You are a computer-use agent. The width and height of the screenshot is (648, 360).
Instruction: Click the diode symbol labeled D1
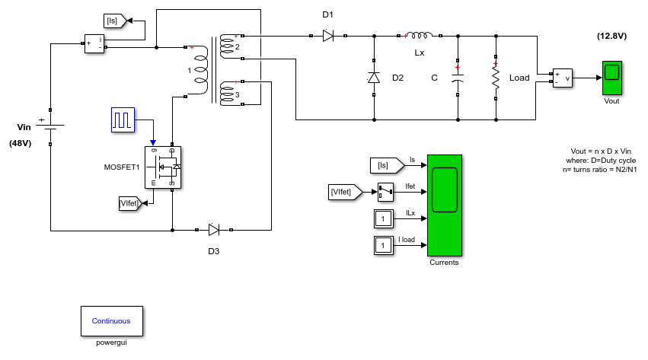328,36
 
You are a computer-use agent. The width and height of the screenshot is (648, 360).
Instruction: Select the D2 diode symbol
374,78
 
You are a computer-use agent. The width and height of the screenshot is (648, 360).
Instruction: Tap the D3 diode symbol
214,230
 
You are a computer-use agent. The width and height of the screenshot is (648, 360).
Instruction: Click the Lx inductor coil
420,36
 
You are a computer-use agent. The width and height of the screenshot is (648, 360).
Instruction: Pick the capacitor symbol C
458,78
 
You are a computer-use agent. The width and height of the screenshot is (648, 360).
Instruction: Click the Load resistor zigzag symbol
496,78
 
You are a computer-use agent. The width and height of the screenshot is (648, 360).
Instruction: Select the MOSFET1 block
163,167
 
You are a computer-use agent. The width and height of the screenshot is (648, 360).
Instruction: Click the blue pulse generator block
123,119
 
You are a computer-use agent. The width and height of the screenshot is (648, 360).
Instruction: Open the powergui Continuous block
112,320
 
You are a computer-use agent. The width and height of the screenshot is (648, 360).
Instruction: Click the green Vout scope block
612,78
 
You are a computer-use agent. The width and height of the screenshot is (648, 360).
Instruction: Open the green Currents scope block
445,205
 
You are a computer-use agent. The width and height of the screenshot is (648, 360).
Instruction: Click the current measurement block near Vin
94,43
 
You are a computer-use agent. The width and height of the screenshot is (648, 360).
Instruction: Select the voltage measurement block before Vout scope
563,78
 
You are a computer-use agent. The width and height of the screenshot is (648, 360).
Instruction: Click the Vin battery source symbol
50,125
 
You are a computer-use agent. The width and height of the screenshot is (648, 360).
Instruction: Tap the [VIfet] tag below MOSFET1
130,203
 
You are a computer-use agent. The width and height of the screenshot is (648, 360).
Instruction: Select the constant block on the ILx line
384,218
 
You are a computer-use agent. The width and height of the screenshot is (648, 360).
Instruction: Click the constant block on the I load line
384,245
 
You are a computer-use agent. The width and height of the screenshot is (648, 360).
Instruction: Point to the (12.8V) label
611,36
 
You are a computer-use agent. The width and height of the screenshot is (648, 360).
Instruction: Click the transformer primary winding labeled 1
201,70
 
